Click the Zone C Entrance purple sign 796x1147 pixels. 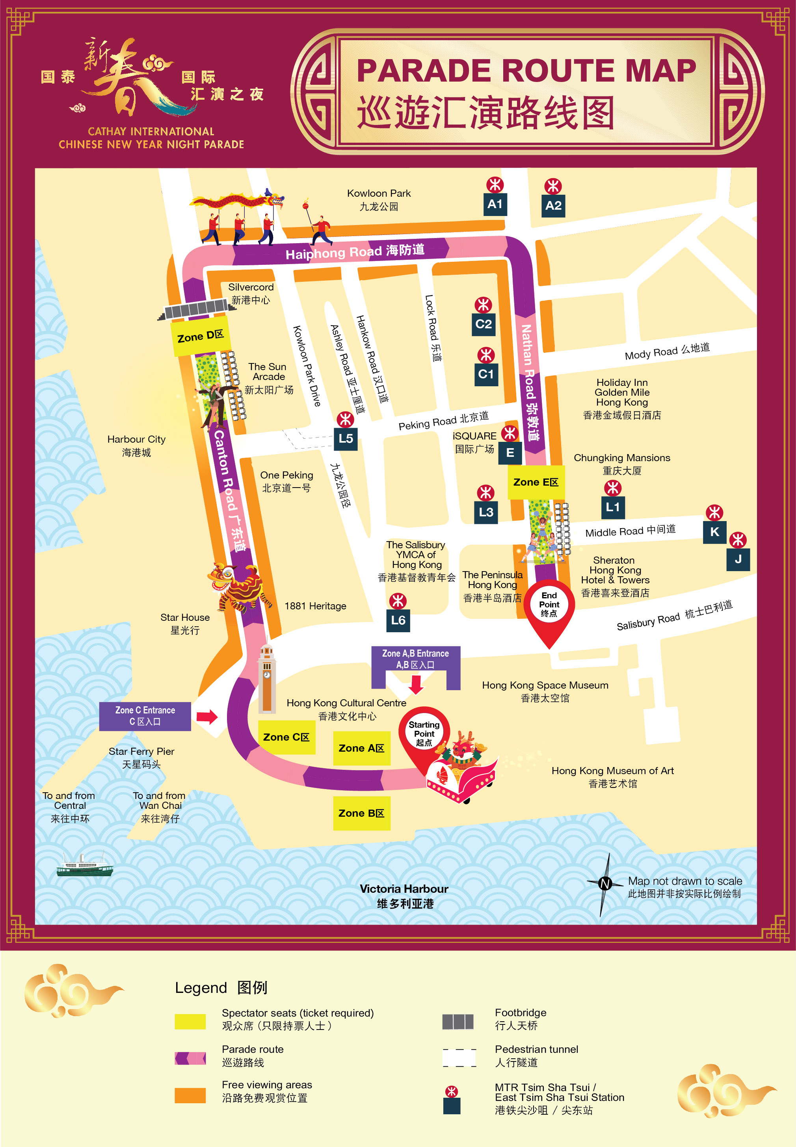coord(145,715)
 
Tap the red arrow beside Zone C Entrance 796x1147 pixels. coord(207,717)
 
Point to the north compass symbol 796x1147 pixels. coord(605,884)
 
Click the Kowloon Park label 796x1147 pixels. coord(379,199)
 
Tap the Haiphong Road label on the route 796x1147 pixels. coord(355,251)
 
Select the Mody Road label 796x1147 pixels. coord(667,351)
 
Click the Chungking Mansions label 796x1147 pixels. coord(621,464)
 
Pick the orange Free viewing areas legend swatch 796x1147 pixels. coord(190,1095)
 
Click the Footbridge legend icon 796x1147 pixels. coord(458,1022)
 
